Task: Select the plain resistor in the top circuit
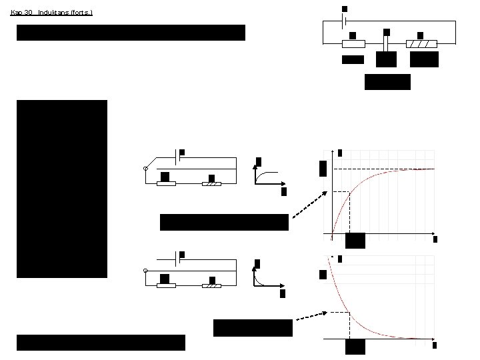click(353, 44)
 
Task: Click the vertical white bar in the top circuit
click(387, 43)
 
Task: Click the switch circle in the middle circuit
click(145, 170)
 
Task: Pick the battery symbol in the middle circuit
click(177, 159)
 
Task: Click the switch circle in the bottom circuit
click(145, 271)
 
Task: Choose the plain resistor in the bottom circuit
click(165, 285)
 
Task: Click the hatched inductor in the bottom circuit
click(211, 285)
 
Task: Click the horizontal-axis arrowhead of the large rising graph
click(433, 235)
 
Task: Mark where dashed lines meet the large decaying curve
click(349, 313)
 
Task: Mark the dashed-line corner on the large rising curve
click(350, 192)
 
